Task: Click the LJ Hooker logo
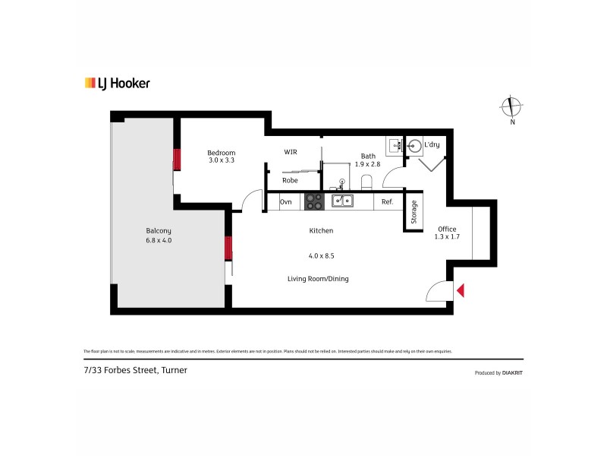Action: click(117, 84)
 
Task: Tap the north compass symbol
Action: click(512, 109)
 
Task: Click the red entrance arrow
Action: click(461, 290)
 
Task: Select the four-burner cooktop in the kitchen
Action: click(314, 201)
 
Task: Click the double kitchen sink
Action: click(341, 201)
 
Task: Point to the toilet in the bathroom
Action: click(366, 181)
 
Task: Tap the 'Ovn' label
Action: click(286, 201)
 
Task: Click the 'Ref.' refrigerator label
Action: click(387, 201)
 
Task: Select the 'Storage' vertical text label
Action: click(414, 211)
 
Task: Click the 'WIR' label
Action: click(291, 152)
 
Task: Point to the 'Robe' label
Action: click(290, 181)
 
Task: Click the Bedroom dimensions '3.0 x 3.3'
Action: click(222, 160)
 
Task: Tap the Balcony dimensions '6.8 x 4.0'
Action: click(159, 240)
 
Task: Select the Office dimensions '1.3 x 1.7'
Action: click(447, 237)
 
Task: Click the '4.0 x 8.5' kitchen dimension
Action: click(321, 255)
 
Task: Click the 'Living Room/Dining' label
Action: click(318, 279)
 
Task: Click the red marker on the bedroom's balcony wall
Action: click(177, 160)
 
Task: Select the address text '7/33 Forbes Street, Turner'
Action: click(135, 370)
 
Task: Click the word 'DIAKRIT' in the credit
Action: click(512, 373)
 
